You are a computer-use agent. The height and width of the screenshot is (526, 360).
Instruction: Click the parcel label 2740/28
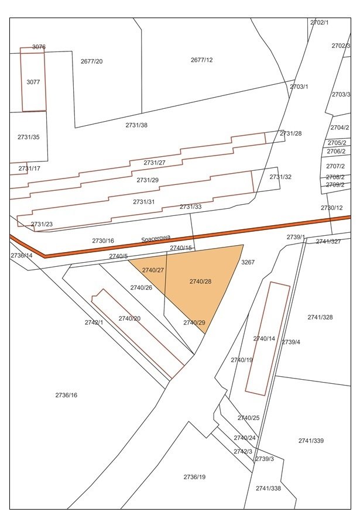pos(200,281)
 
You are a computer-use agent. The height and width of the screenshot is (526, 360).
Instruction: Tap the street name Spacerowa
pos(156,239)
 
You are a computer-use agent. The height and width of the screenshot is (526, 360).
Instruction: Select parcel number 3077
pos(33,82)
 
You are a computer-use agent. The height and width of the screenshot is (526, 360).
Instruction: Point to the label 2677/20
pos(91,61)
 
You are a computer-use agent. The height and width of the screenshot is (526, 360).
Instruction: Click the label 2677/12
pos(201,60)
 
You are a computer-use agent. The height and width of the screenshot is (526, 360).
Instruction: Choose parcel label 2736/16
pos(66,395)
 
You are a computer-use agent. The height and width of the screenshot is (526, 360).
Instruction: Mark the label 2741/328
pos(320,317)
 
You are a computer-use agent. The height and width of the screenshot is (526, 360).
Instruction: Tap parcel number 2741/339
pos(311,441)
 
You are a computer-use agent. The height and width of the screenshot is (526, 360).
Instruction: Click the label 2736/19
pos(194,477)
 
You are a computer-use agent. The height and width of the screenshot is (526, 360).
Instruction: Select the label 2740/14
pos(264,338)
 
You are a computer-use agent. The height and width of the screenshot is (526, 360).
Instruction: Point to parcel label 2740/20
pos(129,318)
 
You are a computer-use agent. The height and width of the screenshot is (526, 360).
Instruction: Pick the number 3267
pos(248,263)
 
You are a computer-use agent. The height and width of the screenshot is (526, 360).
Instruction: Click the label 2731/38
pos(136,125)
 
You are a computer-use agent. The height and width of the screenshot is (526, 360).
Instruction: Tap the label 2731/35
pos(29,137)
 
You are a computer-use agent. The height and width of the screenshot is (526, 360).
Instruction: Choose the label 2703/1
pos(299,87)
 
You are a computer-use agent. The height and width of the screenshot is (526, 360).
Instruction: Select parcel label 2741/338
pos(268,488)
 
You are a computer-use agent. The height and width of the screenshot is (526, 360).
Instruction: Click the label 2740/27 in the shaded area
pos(153,270)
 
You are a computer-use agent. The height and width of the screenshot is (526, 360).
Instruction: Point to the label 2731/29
pos(148,180)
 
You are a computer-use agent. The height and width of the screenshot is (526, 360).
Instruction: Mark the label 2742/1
pos(94,322)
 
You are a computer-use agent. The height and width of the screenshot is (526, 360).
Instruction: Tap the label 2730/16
pos(103,240)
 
